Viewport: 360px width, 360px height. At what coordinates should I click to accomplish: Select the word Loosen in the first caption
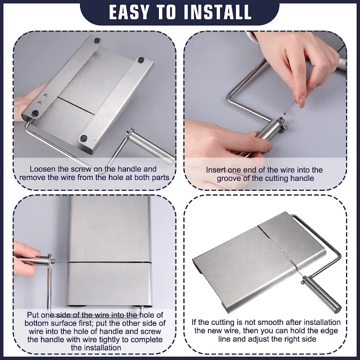pyautogui.click(x=43, y=169)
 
